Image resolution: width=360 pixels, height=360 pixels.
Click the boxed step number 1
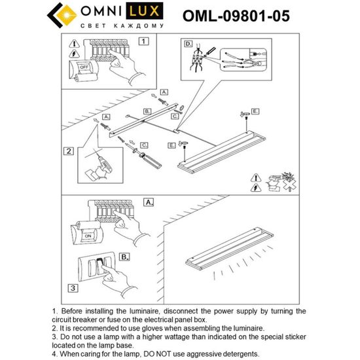coord(145,41)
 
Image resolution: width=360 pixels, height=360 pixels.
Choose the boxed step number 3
coord(74,287)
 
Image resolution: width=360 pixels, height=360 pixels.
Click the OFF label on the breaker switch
coord(83,67)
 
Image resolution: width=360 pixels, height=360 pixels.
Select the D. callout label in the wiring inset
coord(188,45)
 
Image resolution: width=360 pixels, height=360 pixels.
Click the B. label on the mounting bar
coord(147,112)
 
